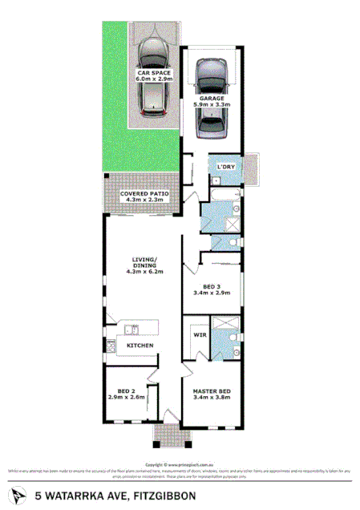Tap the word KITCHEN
click(140, 345)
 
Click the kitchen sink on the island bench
click(132, 328)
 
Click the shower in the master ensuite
click(225, 325)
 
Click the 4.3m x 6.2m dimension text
click(145, 271)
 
